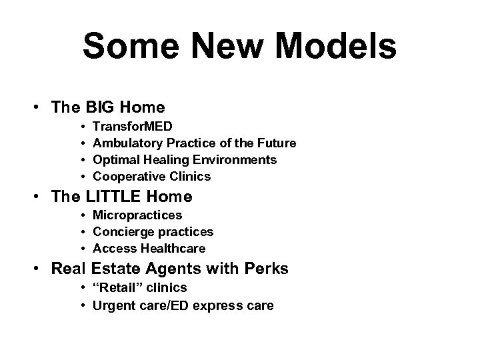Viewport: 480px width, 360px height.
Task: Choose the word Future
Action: tap(275, 143)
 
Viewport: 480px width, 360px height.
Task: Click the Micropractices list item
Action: tap(137, 215)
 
